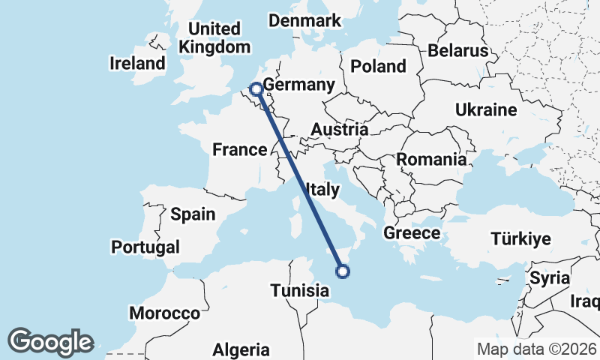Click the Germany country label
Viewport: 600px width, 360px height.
(x=298, y=85)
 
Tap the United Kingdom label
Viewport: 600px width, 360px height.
(x=214, y=37)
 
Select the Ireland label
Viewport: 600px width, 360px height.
(x=137, y=63)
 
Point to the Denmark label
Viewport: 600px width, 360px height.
(x=305, y=20)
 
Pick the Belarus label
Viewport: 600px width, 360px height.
(x=458, y=50)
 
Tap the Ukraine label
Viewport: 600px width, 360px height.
(x=486, y=110)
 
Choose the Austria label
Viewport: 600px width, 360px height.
(x=339, y=130)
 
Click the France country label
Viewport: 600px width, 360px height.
(x=239, y=149)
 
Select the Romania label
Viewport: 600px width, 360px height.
(x=430, y=159)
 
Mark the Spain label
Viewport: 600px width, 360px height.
(x=193, y=214)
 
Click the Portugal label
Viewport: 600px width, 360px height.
(x=145, y=247)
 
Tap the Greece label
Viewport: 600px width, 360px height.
(x=412, y=233)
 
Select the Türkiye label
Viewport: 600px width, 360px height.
(x=520, y=239)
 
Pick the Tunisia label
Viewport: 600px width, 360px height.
(x=300, y=290)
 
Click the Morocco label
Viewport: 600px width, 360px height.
(x=164, y=313)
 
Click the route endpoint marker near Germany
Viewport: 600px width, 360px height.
(x=256, y=88)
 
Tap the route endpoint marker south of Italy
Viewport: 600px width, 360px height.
(x=343, y=271)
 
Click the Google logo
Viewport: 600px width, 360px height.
(x=51, y=341)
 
